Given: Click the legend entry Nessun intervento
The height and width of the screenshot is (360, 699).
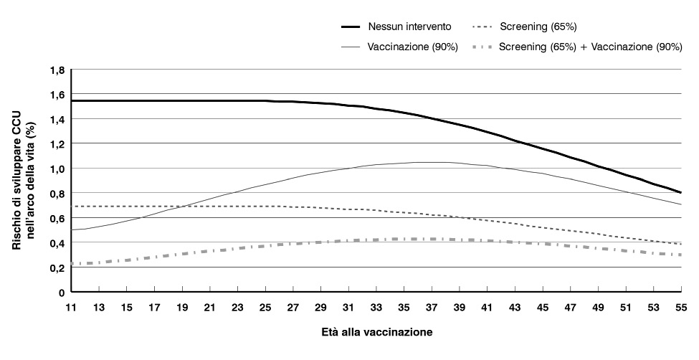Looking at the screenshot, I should [x=409, y=27].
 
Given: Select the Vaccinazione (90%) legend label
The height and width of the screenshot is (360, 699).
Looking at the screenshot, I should [x=412, y=47].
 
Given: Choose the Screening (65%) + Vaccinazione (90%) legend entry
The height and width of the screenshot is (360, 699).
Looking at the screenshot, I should [x=590, y=47].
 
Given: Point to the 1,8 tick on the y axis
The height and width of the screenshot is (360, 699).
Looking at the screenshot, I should [x=57, y=70].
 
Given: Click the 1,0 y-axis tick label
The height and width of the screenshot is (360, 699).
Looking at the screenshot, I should [x=57, y=169].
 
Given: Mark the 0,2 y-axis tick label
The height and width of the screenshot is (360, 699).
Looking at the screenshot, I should [x=57, y=267].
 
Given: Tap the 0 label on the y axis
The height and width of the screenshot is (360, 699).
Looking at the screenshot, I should [x=62, y=293].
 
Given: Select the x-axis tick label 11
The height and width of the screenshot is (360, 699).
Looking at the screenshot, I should [x=71, y=307].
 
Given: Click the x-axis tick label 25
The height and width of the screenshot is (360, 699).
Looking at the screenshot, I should [x=265, y=307].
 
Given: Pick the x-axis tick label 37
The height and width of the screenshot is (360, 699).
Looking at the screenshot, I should [x=432, y=307].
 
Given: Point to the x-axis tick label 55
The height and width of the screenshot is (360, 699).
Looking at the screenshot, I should [x=680, y=307].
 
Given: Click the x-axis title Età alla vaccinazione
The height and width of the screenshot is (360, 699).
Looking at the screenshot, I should [x=376, y=333].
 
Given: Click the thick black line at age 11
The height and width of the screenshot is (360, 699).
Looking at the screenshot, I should [x=72, y=100].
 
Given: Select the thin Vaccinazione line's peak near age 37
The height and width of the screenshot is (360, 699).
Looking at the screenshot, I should [x=432, y=162].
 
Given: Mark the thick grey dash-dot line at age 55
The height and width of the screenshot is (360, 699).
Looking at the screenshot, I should [x=680, y=255].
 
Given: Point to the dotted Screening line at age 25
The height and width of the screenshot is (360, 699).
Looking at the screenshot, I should [x=265, y=207].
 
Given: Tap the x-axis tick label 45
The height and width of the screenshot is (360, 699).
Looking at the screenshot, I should [x=542, y=307].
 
